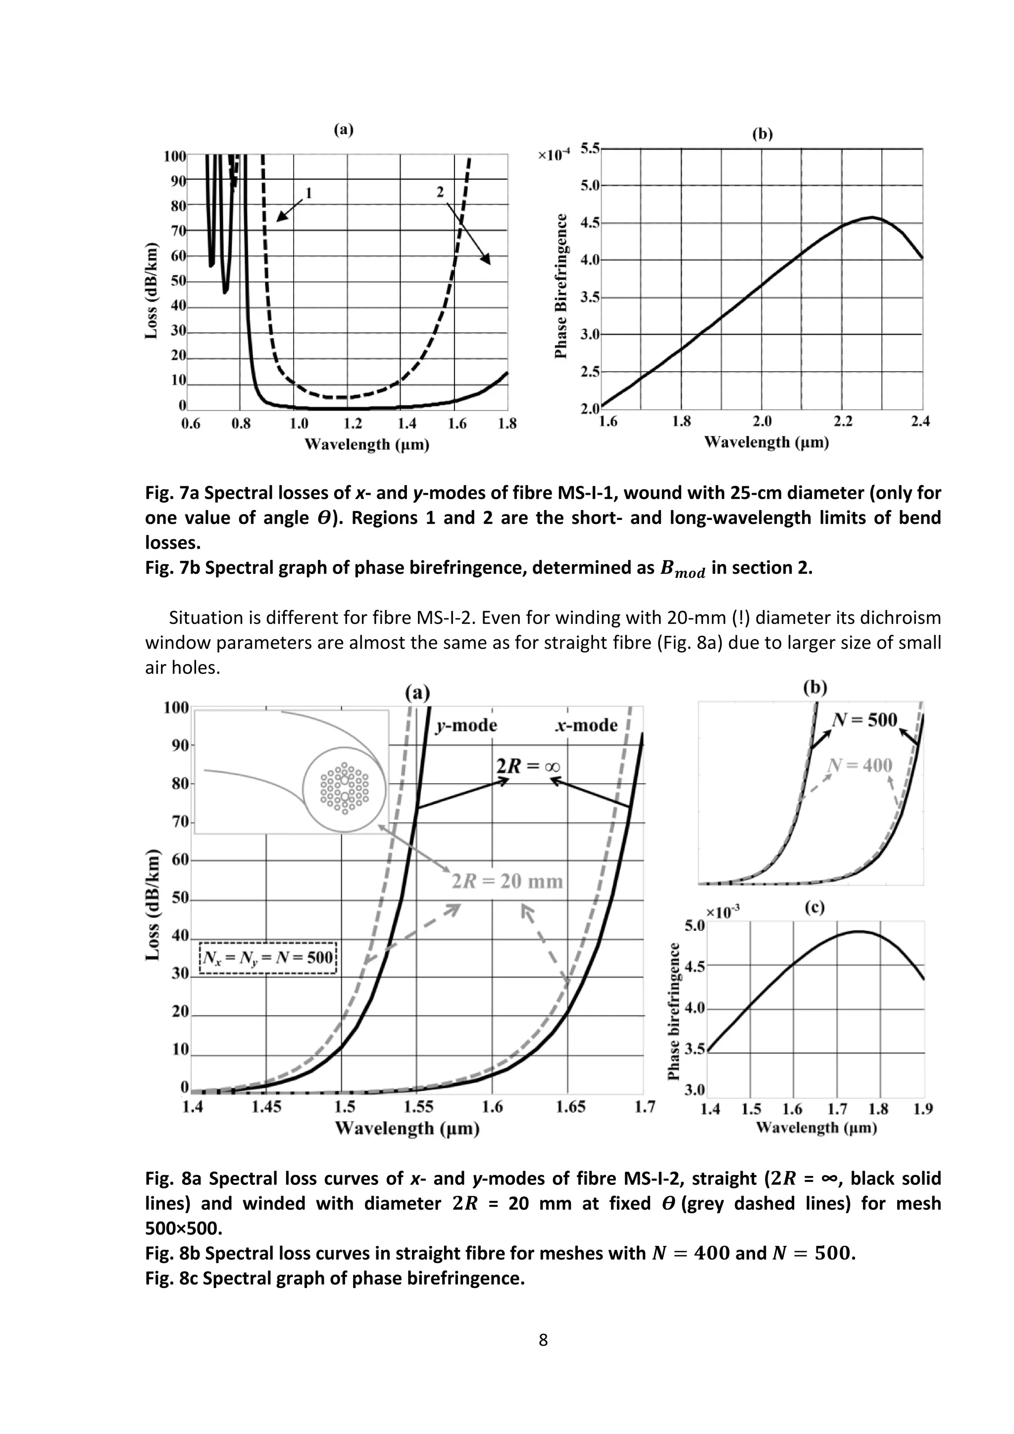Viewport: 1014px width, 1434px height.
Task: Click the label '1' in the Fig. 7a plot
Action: (x=308, y=193)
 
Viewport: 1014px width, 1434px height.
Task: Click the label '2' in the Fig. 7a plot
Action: (x=440, y=192)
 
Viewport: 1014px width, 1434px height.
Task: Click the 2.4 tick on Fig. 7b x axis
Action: (x=920, y=421)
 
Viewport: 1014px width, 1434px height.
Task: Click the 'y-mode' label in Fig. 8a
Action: (x=466, y=725)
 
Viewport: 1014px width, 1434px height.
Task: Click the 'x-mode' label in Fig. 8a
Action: (x=586, y=725)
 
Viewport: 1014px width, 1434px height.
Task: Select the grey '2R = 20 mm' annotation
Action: (x=507, y=881)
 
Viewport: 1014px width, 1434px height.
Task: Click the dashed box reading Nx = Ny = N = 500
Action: (x=268, y=958)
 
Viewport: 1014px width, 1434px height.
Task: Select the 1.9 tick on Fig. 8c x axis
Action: (x=922, y=1109)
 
